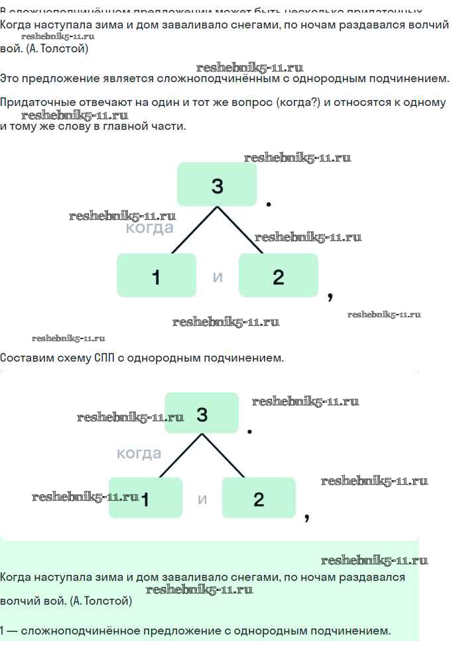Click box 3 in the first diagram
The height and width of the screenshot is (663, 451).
(x=217, y=185)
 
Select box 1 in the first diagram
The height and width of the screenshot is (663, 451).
(x=157, y=276)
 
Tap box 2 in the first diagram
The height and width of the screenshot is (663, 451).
(x=278, y=276)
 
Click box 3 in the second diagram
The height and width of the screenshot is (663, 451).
(x=202, y=413)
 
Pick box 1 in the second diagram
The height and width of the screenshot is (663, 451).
(x=146, y=498)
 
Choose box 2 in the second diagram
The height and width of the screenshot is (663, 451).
(x=259, y=498)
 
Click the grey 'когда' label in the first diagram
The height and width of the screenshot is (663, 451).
(x=149, y=228)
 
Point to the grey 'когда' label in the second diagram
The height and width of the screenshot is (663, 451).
(x=139, y=454)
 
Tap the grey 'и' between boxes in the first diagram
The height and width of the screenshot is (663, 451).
(x=218, y=276)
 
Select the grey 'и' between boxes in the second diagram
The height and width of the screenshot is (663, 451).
(x=202, y=499)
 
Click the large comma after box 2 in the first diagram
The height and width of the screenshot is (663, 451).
(x=330, y=295)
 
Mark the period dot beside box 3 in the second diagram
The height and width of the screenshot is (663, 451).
(x=249, y=431)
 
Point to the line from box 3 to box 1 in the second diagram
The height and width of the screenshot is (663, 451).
(x=179, y=456)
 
